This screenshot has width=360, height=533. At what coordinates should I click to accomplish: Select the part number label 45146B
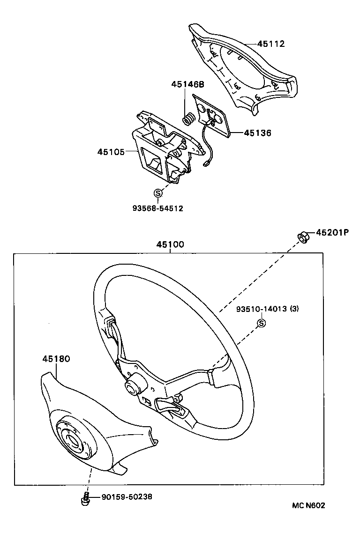point(187,84)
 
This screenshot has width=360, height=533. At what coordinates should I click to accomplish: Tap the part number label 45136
point(257,133)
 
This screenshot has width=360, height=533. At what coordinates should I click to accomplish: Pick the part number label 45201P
point(332,232)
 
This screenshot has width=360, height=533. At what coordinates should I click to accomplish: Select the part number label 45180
point(56,359)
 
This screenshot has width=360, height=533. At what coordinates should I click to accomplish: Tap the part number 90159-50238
point(127,497)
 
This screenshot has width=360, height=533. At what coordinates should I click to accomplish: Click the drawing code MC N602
point(308,505)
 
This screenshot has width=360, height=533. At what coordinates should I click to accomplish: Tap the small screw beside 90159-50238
point(86,498)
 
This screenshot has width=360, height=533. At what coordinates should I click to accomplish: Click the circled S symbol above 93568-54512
point(158,193)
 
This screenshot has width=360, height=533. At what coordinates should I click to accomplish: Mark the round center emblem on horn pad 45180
point(72,440)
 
